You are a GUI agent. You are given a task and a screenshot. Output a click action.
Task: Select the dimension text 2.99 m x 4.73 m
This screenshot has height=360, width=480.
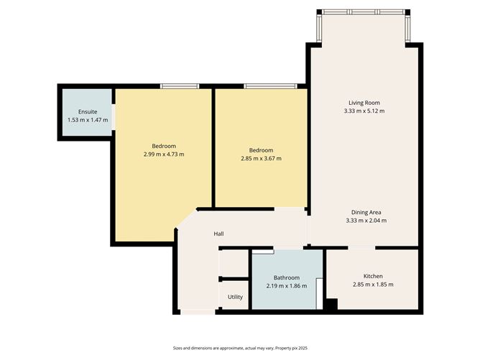point(164,154)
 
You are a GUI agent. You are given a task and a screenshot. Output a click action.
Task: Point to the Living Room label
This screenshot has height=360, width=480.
point(364,103)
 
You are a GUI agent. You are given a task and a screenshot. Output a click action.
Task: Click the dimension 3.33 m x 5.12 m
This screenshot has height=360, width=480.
point(364,111)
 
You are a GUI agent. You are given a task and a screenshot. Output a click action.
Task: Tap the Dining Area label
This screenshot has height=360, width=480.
point(366,212)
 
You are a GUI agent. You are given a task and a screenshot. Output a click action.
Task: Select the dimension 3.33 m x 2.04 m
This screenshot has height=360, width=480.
point(366,221)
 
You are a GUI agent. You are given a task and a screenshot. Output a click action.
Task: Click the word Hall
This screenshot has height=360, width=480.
point(219,234)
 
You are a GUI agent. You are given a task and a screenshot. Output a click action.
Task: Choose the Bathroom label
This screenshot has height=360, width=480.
point(286,277)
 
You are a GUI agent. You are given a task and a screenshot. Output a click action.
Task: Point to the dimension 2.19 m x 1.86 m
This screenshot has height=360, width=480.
point(286,286)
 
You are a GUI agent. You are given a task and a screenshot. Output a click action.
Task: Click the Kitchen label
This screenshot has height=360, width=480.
point(373,276)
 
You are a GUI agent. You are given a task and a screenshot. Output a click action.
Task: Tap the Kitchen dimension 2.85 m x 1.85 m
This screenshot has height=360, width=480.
point(373,285)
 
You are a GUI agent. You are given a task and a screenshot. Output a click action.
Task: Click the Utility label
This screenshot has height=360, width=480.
point(235,297)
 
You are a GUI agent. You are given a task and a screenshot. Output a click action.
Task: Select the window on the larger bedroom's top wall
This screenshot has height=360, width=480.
point(179,86)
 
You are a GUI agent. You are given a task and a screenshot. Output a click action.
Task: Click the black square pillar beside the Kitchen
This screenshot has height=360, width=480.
point(331,305)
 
